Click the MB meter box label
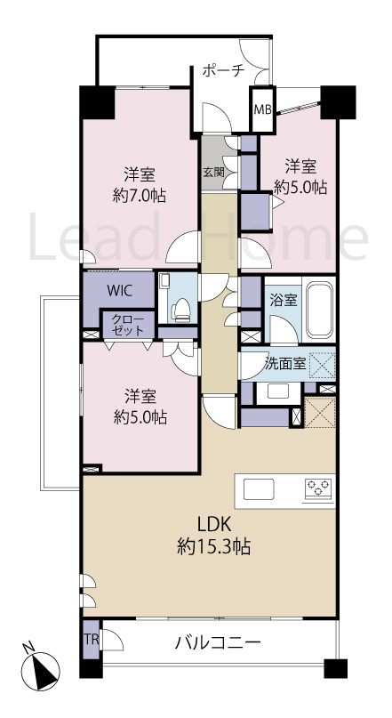pyautogui.click(x=262, y=109)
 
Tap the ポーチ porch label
pyautogui.click(x=224, y=71)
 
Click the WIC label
pyautogui.click(x=120, y=291)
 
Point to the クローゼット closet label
pyautogui.click(x=127, y=324)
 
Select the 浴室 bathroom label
pyautogui.click(x=284, y=301)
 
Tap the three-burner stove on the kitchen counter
pyautogui.click(x=318, y=488)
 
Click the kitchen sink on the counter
pyautogui.click(x=259, y=489)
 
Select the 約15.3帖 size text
pyautogui.click(x=213, y=546)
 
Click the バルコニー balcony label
pyautogui.click(x=218, y=642)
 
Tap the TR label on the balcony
pyautogui.click(x=92, y=639)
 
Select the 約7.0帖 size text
pyautogui.click(x=139, y=196)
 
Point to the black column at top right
pyautogui.click(x=338, y=102)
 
